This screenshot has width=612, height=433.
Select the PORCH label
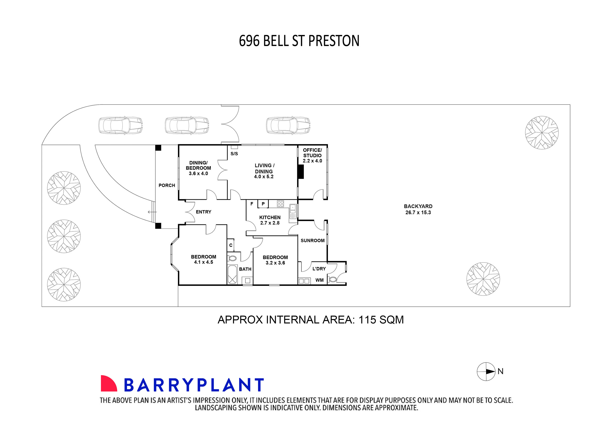click(167, 185)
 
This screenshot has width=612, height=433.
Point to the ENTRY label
click(204, 212)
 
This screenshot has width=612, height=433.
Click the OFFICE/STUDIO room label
click(312, 153)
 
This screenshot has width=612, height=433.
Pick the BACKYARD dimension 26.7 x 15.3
click(418, 212)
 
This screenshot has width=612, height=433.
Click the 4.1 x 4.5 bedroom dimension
click(204, 262)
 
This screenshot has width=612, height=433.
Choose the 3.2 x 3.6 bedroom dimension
click(275, 263)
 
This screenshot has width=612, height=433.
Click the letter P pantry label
click(263, 204)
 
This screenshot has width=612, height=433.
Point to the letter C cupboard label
click(231, 245)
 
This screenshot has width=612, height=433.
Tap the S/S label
click(234, 154)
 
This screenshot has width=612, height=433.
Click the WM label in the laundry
click(319, 280)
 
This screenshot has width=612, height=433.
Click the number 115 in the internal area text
click(367, 320)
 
